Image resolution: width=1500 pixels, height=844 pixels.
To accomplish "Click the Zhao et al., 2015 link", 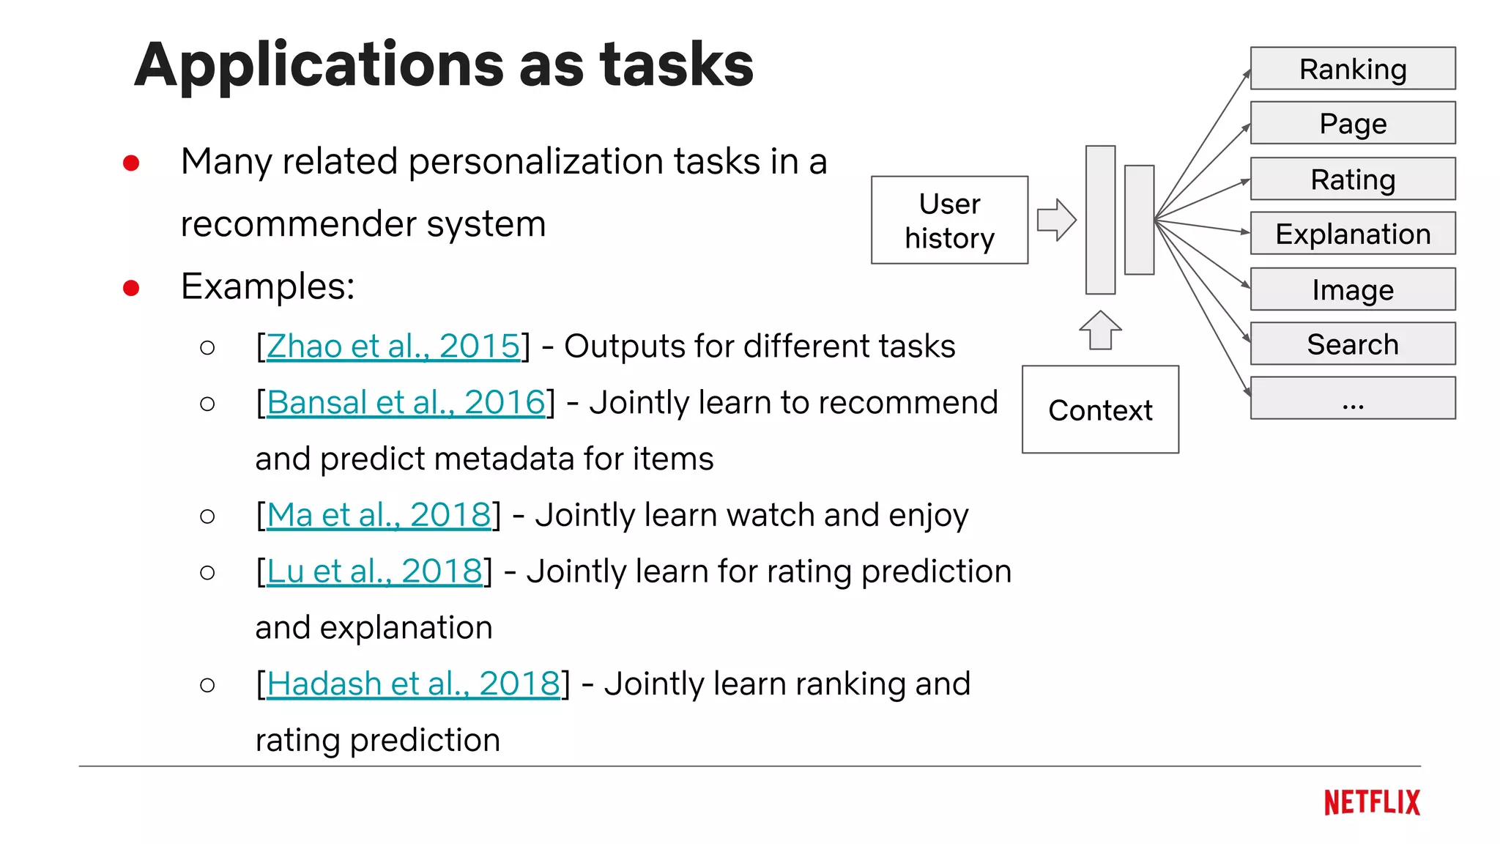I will (393, 347).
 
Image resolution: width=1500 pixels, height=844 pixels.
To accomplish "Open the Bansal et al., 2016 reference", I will (406, 403).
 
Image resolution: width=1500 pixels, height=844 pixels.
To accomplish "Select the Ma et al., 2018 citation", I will (378, 515).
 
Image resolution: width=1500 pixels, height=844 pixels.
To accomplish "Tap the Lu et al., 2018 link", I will (374, 571).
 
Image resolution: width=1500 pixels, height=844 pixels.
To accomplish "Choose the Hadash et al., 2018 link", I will (412, 684).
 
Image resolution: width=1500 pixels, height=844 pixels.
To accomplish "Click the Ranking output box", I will (1352, 69).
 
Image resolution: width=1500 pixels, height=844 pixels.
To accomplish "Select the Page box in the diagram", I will (1352, 123).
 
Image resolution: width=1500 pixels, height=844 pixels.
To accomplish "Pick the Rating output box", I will (1352, 179).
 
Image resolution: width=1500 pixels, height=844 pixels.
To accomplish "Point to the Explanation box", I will (1352, 234).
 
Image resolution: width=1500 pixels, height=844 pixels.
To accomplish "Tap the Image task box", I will (1352, 289).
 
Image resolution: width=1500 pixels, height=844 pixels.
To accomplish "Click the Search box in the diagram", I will (1352, 344).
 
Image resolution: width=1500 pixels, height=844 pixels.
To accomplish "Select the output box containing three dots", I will (1352, 399).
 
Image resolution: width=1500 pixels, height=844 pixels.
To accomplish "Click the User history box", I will (949, 220).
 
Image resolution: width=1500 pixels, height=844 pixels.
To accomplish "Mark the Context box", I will (1100, 410).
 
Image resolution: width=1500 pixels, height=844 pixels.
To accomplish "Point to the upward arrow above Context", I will (1100, 330).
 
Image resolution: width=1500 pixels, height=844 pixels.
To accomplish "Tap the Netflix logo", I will (1371, 803).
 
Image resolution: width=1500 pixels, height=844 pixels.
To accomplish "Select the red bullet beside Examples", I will (132, 288).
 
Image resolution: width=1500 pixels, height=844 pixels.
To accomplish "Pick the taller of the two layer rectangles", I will (1100, 220).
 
